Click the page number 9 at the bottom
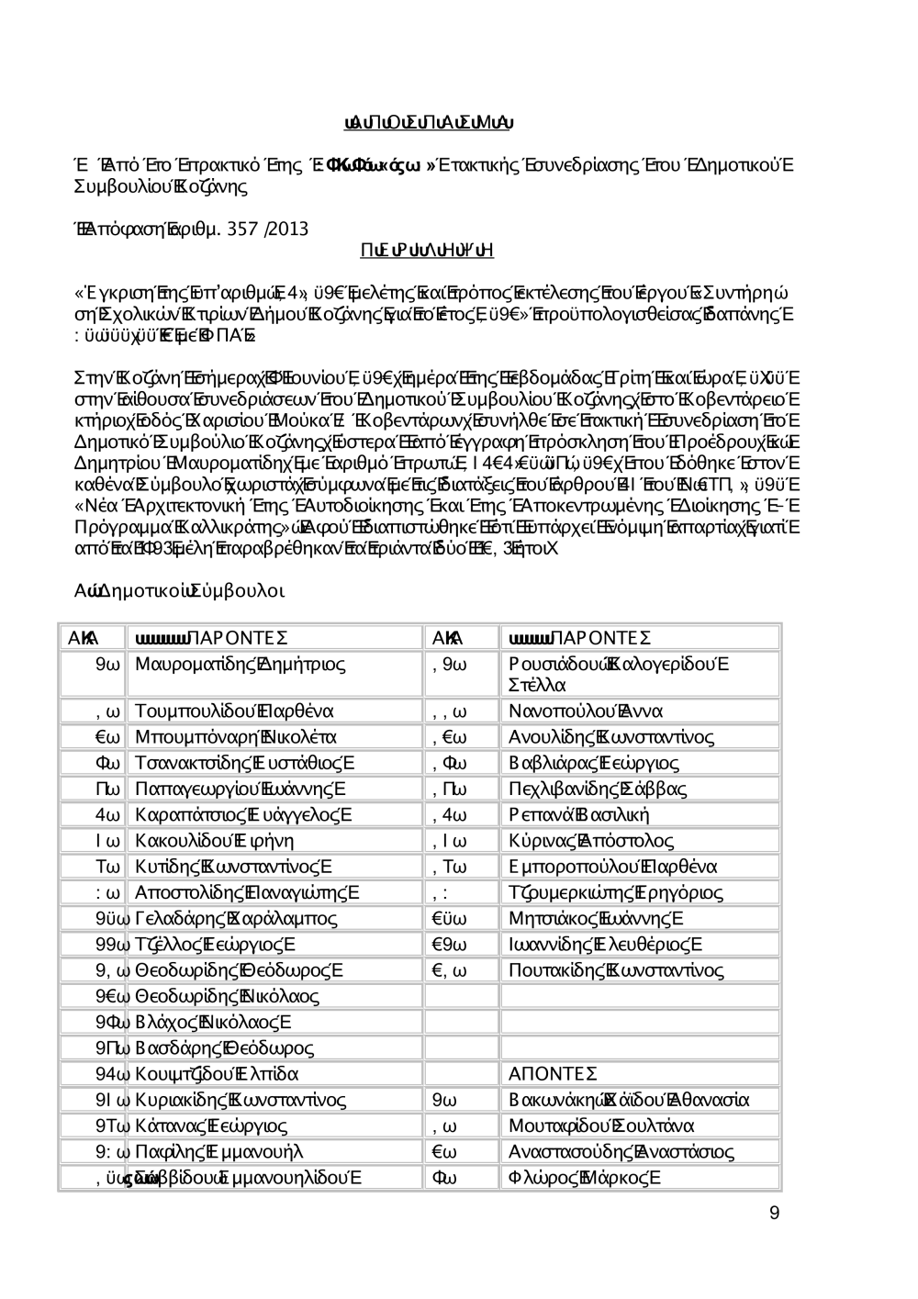coord(774,1214)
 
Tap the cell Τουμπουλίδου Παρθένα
coord(234,711)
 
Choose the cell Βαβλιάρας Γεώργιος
coord(594,763)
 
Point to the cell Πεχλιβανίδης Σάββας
coord(598,789)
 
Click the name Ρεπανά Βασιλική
coord(579,814)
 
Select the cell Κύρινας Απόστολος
coord(591,841)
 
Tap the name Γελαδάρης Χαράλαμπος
coord(236,918)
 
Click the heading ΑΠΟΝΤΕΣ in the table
coord(553,1074)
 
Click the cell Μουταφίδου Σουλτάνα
coord(601,1125)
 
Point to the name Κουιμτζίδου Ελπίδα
coord(218,1074)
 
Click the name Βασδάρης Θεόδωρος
coord(224,1047)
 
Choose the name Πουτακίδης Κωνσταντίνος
coord(616,970)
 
